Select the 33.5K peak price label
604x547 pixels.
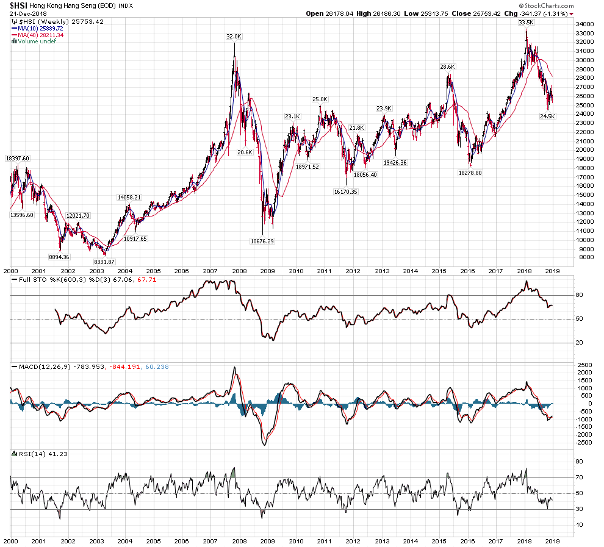[x=526, y=23]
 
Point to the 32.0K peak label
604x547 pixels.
[x=234, y=37]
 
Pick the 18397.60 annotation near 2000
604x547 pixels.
[x=17, y=159]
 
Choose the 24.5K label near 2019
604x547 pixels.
[x=547, y=115]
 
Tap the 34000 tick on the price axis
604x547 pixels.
[x=584, y=24]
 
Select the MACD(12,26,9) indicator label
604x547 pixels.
[x=37, y=366]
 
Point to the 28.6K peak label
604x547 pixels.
[x=447, y=67]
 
